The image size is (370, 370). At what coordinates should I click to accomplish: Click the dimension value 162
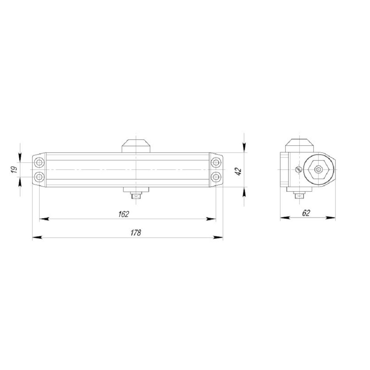(x=124, y=214)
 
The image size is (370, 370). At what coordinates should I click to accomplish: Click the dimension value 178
(x=136, y=233)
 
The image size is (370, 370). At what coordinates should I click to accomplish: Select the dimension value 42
(x=238, y=171)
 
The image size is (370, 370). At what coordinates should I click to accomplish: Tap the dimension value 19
(x=14, y=169)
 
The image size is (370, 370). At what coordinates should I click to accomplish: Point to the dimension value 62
(x=306, y=213)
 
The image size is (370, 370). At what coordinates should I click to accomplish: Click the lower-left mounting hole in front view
(x=39, y=177)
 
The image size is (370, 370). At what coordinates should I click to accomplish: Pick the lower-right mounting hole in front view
(x=216, y=177)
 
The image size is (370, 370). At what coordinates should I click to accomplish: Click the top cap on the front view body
(x=136, y=145)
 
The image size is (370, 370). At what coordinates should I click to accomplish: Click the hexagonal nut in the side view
(x=318, y=170)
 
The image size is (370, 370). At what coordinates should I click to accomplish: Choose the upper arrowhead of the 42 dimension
(x=244, y=148)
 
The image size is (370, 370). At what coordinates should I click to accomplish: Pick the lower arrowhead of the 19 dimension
(x=20, y=182)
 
